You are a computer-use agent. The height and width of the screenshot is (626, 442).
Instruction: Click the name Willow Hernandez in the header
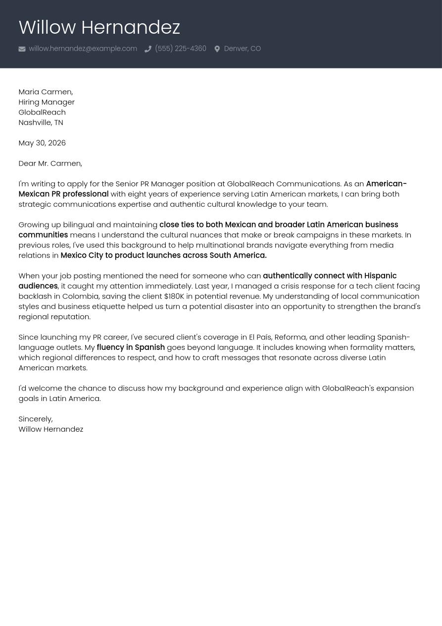click(99, 27)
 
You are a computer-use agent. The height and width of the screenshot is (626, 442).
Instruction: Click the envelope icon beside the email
click(22, 49)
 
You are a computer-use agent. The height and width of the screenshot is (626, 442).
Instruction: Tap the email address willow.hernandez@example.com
click(83, 49)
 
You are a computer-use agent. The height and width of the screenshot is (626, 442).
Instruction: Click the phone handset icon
click(147, 49)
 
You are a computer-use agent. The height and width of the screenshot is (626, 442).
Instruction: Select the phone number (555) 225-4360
click(180, 49)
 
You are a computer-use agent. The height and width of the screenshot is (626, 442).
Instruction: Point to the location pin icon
click(217, 49)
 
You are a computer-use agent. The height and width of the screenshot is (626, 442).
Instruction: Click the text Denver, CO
click(242, 49)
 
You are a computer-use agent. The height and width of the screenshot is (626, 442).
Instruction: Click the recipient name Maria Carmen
click(45, 92)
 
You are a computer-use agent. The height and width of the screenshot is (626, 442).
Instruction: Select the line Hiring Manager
click(47, 102)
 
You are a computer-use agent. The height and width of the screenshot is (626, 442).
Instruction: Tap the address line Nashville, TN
click(41, 122)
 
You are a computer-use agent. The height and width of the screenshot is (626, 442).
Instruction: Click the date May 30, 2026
click(42, 143)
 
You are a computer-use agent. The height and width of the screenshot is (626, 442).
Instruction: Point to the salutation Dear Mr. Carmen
click(50, 163)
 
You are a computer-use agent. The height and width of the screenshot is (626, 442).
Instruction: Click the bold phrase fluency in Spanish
click(131, 347)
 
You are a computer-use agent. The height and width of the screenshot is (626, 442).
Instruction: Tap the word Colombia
click(80, 296)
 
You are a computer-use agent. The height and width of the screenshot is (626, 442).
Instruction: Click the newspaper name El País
click(260, 337)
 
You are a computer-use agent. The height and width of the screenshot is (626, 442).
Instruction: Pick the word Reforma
click(290, 337)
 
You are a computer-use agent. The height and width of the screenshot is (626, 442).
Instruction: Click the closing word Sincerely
click(35, 419)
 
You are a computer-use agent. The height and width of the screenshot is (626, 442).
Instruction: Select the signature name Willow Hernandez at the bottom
click(50, 429)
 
